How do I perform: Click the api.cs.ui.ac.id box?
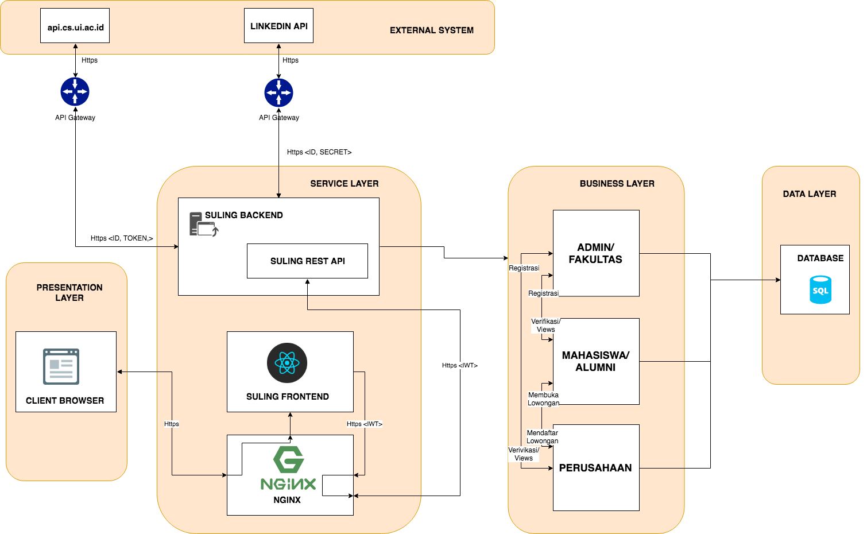click(75, 26)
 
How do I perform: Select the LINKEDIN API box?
click(278, 26)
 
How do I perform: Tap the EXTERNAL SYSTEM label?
click(431, 30)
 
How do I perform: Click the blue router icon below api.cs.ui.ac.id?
click(75, 92)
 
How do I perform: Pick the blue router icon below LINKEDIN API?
click(278, 92)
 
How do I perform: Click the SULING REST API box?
click(307, 261)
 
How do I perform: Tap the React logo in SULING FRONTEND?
click(287, 363)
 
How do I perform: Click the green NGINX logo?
click(288, 468)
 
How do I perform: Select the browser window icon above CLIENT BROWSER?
click(61, 366)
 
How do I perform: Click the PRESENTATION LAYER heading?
click(69, 292)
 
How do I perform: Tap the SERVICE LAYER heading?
click(344, 184)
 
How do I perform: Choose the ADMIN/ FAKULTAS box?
click(595, 253)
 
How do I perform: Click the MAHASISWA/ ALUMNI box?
click(595, 361)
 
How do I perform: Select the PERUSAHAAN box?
click(595, 468)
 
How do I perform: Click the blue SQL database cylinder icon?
click(820, 289)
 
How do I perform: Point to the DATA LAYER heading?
click(809, 194)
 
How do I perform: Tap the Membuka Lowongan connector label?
click(543, 399)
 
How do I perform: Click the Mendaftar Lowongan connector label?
click(542, 437)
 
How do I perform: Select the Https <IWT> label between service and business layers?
click(459, 365)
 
